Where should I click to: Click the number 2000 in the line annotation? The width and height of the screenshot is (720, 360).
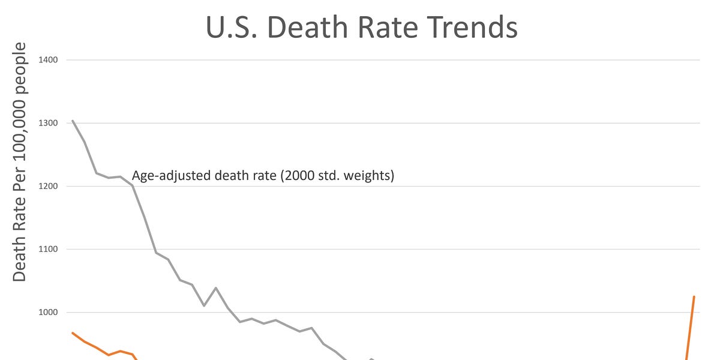pyautogui.click(x=304, y=176)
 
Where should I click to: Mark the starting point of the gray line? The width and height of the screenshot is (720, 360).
pyautogui.click(x=73, y=121)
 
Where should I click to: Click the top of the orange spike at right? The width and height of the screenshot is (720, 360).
pyautogui.click(x=694, y=296)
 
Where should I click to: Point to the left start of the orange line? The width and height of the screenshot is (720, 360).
pyautogui.click(x=73, y=332)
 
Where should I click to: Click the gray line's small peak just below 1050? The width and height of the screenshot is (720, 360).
pyautogui.click(x=215, y=288)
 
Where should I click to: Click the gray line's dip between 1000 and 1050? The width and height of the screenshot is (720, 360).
pyautogui.click(x=204, y=305)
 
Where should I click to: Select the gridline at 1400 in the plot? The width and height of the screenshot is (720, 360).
pyautogui.click(x=384, y=60)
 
